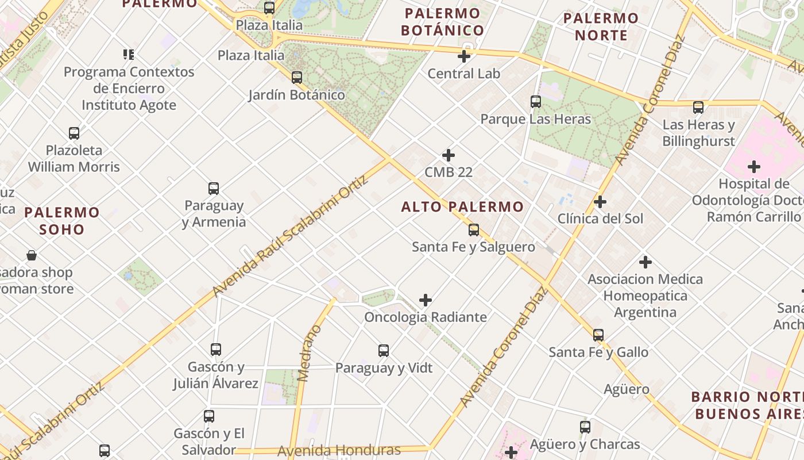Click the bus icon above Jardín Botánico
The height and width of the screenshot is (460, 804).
point(296,77)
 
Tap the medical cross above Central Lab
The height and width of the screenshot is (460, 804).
point(464,56)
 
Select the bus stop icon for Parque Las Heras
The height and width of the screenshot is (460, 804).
point(536,102)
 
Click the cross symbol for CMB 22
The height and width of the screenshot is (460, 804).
point(449,155)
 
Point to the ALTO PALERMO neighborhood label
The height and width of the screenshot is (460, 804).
point(462,207)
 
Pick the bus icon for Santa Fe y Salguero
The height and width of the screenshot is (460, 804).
point(474,230)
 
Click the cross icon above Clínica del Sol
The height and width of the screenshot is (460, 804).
point(600,202)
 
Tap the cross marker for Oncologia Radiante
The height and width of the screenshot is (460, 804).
point(426,300)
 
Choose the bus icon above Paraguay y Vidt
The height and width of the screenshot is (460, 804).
point(384,350)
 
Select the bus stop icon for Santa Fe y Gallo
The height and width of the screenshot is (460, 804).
point(598,335)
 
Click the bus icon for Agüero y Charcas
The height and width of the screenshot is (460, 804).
point(585,427)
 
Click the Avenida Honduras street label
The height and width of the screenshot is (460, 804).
point(339,450)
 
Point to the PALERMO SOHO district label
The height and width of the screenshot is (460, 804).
point(62,221)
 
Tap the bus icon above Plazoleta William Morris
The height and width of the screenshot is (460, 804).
point(74,133)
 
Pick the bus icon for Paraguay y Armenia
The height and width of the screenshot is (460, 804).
point(214,189)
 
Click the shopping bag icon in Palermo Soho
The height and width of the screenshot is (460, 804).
point(32,255)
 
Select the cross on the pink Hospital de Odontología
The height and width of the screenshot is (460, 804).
point(754,167)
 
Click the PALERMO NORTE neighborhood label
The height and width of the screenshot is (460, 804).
point(601,26)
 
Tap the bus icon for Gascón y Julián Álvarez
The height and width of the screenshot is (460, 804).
point(216,349)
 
